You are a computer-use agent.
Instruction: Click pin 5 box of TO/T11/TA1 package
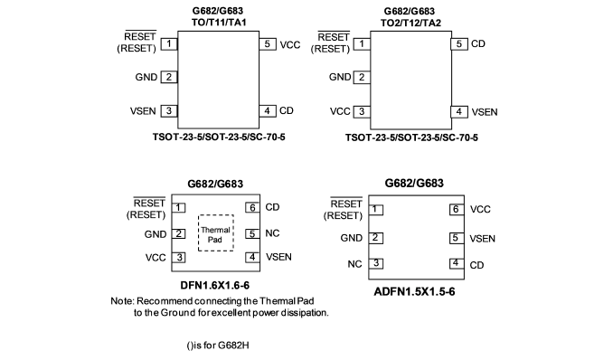[268, 43]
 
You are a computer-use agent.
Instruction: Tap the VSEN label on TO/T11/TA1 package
[143, 111]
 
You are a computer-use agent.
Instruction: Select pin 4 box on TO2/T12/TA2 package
[459, 112]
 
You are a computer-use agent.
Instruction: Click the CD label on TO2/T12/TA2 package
[478, 43]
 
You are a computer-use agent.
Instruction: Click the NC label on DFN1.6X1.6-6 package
[272, 233]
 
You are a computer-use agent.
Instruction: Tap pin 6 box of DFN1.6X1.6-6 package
[252, 207]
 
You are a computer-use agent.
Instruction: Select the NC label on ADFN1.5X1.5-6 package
[354, 264]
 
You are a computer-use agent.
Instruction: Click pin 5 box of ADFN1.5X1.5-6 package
[456, 238]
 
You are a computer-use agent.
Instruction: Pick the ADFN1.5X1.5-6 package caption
[414, 292]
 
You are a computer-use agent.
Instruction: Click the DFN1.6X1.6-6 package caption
[214, 285]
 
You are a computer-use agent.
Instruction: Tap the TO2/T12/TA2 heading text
[410, 24]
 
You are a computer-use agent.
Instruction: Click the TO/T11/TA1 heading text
[219, 23]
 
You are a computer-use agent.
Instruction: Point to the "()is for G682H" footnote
[217, 346]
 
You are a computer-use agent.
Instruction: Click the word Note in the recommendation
[122, 301]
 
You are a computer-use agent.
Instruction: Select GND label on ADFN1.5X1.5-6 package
[352, 238]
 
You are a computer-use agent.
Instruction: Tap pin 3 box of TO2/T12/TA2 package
[362, 112]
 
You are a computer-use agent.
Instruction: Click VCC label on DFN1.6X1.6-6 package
[156, 258]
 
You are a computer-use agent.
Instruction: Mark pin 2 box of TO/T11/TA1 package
[169, 77]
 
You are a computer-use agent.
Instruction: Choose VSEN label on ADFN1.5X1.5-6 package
[483, 239]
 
